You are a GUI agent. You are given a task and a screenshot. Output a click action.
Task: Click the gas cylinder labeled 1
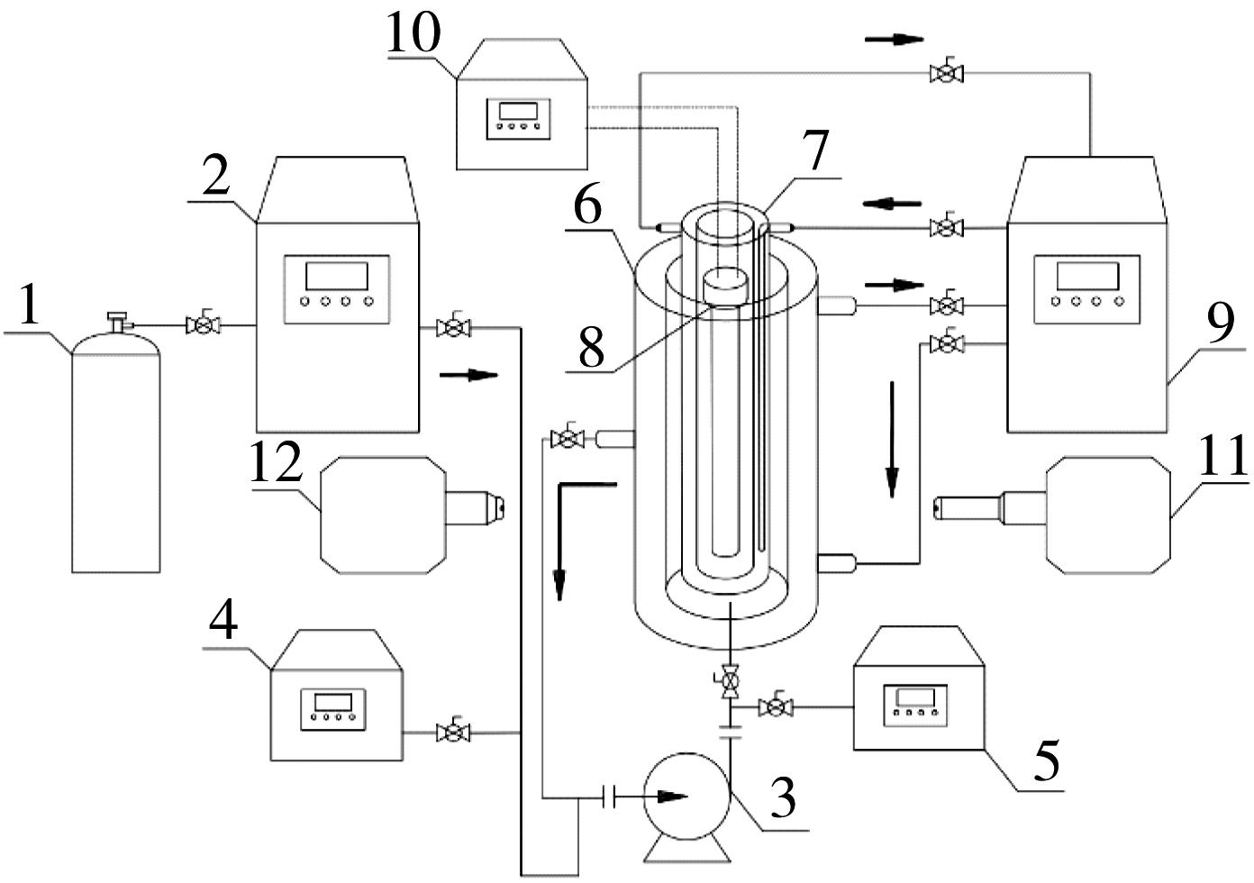pyautogui.click(x=116, y=448)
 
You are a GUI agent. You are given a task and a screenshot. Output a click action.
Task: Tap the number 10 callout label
pyautogui.click(x=413, y=32)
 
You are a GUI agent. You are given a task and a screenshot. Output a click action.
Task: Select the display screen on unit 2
pyautogui.click(x=336, y=276)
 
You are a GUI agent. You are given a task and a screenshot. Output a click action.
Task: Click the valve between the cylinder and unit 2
pyautogui.click(x=203, y=323)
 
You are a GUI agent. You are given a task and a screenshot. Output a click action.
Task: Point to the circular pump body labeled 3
pyautogui.click(x=686, y=797)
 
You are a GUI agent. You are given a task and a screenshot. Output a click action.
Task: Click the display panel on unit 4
pyautogui.click(x=333, y=709)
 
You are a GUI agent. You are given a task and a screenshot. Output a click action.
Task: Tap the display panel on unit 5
pyautogui.click(x=915, y=705)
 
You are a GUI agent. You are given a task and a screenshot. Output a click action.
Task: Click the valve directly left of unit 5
pyautogui.click(x=776, y=706)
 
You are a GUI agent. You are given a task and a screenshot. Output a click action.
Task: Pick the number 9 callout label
pyautogui.click(x=1220, y=324)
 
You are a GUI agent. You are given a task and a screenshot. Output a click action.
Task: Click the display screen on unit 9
pyautogui.click(x=1087, y=276)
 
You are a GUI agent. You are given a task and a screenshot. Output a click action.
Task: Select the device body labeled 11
pyautogui.click(x=1108, y=515)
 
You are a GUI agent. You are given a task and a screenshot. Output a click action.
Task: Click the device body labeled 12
pyautogui.click(x=383, y=515)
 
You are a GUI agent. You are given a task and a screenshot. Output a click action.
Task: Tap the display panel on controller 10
pyautogui.click(x=518, y=119)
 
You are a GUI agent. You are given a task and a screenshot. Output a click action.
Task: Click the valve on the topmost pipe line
pyautogui.click(x=946, y=72)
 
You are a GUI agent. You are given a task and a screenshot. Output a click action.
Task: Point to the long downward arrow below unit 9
pyautogui.click(x=892, y=440)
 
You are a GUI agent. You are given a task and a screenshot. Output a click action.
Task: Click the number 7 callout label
pyautogui.click(x=815, y=150)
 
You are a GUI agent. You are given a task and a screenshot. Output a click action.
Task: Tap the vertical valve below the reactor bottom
pyautogui.click(x=730, y=680)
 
